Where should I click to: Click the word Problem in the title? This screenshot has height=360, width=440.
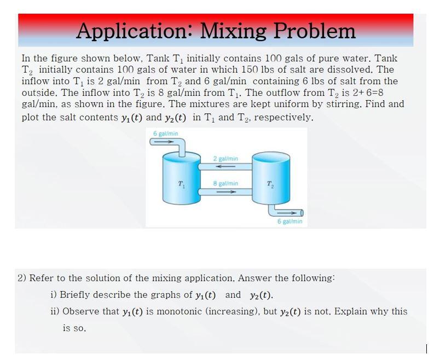314,31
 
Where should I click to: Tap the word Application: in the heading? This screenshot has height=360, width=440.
134,31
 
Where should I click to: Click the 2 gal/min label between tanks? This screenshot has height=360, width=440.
225,159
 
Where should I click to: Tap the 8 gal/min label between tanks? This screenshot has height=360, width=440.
225,183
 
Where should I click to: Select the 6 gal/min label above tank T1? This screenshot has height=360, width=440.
165,133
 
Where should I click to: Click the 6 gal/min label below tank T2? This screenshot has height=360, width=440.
290,222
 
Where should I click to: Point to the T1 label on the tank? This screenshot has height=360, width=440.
181,183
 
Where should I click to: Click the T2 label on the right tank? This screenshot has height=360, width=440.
270,183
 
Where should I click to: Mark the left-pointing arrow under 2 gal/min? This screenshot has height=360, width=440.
225,166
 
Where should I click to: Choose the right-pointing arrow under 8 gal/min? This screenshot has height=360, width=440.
225,191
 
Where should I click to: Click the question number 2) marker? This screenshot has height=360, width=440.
22,278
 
